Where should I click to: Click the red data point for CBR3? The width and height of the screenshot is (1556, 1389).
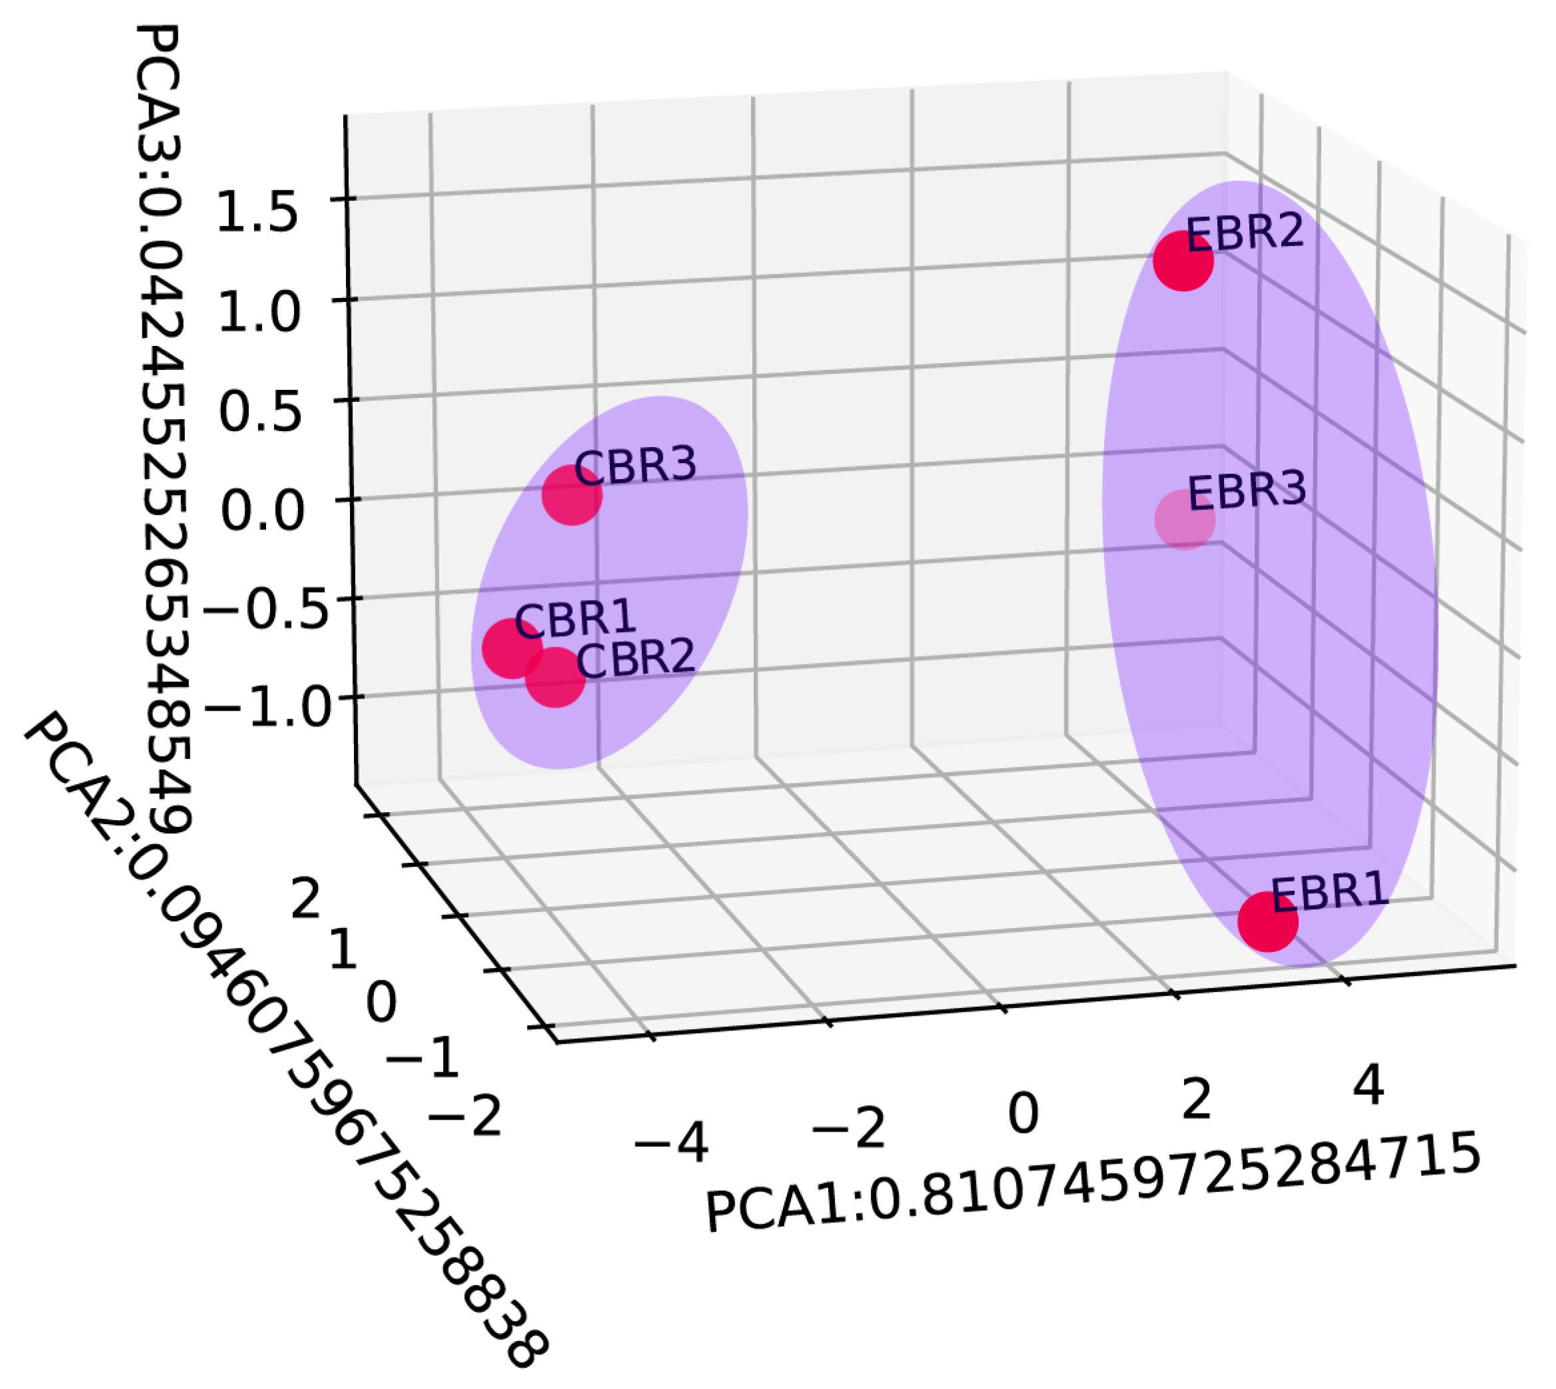pyautogui.click(x=571, y=496)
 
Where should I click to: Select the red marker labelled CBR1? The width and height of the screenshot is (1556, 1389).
pyautogui.click(x=512, y=648)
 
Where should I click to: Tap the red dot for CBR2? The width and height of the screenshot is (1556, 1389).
pyautogui.click(x=555, y=678)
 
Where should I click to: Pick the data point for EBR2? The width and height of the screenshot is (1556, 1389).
pyautogui.click(x=1183, y=261)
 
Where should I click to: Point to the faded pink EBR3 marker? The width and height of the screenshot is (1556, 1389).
pyautogui.click(x=1184, y=520)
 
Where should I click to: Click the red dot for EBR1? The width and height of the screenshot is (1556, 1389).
pyautogui.click(x=1267, y=921)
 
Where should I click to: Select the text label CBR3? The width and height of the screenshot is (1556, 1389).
pyautogui.click(x=635, y=465)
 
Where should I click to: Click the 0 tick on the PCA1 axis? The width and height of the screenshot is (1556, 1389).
pyautogui.click(x=1023, y=1114)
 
